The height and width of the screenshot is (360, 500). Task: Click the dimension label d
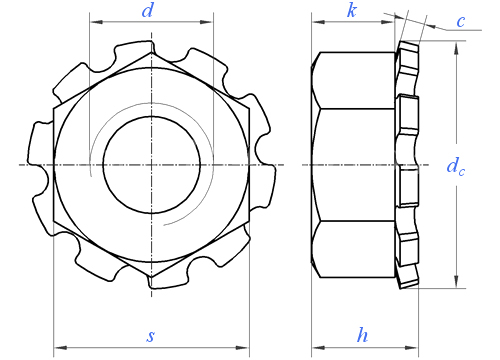point(147,11)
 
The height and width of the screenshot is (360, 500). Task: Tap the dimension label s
point(151,336)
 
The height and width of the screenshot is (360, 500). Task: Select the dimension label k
point(352,11)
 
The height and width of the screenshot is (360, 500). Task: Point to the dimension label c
point(461,22)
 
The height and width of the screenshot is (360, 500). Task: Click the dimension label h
point(362,335)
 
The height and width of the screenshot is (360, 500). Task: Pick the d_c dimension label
point(455,166)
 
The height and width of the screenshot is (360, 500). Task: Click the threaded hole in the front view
point(152,165)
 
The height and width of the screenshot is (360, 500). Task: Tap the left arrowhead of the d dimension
point(95,22)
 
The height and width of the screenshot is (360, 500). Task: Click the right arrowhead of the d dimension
point(207,22)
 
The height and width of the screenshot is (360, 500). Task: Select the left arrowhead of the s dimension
point(60,348)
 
